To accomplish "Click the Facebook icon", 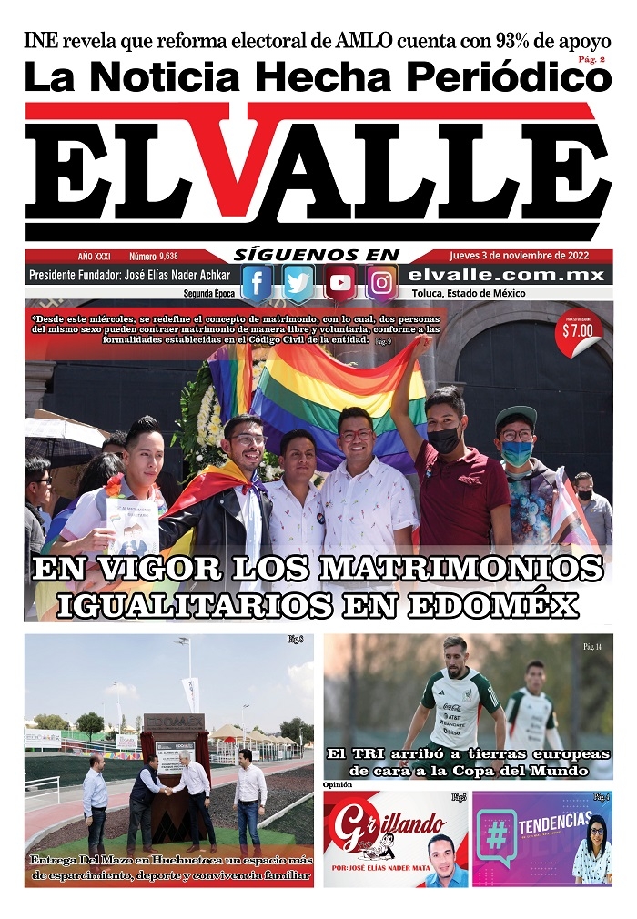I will click(x=257, y=283).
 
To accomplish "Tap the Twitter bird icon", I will click(x=298, y=283).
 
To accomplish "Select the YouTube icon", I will click(x=340, y=283).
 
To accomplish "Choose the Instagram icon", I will click(x=382, y=283).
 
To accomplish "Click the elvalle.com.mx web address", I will click(x=506, y=276).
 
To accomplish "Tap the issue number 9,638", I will click(x=167, y=257).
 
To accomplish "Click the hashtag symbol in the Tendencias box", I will click(x=497, y=835).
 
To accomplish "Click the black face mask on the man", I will click(x=444, y=440).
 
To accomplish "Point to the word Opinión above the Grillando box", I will click(x=338, y=784).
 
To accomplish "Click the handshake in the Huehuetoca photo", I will click(x=168, y=790).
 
